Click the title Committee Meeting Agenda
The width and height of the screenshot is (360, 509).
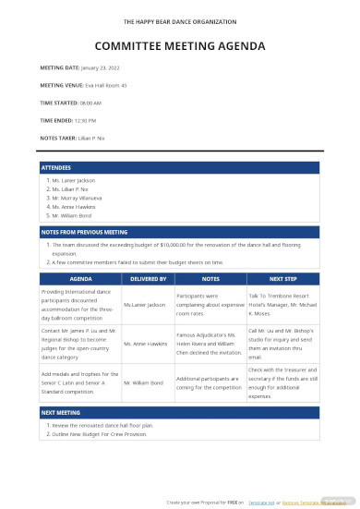click(x=179, y=45)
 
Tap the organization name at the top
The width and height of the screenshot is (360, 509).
click(x=180, y=18)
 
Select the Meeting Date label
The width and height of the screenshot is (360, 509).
click(x=60, y=67)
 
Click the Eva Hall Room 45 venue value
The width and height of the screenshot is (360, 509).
click(x=106, y=85)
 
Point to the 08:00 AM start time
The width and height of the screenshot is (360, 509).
click(x=90, y=103)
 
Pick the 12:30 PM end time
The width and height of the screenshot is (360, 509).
click(x=86, y=120)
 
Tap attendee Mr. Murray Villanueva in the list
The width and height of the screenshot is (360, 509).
click(x=78, y=198)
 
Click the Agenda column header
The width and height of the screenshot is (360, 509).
click(x=81, y=277)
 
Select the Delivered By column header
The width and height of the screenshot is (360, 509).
click(x=148, y=277)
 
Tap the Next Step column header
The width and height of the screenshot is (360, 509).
click(x=282, y=277)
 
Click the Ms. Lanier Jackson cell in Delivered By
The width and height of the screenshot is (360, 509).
click(x=144, y=304)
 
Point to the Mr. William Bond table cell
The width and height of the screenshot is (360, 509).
click(x=144, y=382)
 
